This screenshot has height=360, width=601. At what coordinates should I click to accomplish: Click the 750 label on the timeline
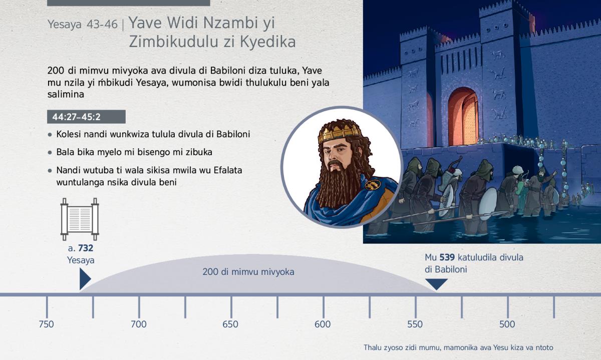pyautogui.click(x=47, y=324)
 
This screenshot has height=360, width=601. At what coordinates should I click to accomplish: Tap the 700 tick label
pyautogui.click(x=138, y=324)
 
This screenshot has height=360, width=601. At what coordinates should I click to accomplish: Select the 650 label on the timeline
pyautogui.click(x=230, y=324)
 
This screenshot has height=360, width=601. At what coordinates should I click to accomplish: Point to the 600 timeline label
pyautogui.click(x=323, y=324)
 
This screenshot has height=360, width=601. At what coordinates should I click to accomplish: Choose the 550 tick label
pyautogui.click(x=415, y=324)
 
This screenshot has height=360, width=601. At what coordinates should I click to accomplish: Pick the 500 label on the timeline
pyautogui.click(x=507, y=324)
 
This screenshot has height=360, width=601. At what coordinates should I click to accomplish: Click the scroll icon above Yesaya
pyautogui.click(x=80, y=219)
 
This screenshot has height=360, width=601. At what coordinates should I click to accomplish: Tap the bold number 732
pyautogui.click(x=86, y=248)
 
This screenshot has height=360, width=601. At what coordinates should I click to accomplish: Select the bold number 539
pyautogui.click(x=447, y=257)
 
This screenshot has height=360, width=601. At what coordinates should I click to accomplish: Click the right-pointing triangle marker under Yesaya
pyautogui.click(x=85, y=279)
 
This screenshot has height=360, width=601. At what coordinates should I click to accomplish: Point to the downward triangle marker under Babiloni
pyautogui.click(x=436, y=284)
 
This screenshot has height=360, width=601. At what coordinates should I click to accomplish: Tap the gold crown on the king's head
pyautogui.click(x=340, y=132)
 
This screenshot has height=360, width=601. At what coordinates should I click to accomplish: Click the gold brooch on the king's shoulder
pyautogui.click(x=373, y=185)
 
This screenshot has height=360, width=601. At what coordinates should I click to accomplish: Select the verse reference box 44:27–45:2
pyautogui.click(x=86, y=117)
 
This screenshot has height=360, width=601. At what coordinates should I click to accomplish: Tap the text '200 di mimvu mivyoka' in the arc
pyautogui.click(x=248, y=272)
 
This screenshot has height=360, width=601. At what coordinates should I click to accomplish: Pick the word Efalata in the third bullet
pyautogui.click(x=228, y=170)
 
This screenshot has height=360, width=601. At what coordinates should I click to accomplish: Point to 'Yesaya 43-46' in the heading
pyautogui.click(x=83, y=25)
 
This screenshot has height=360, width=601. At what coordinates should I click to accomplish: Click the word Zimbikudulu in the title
pyautogui.click(x=174, y=42)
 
